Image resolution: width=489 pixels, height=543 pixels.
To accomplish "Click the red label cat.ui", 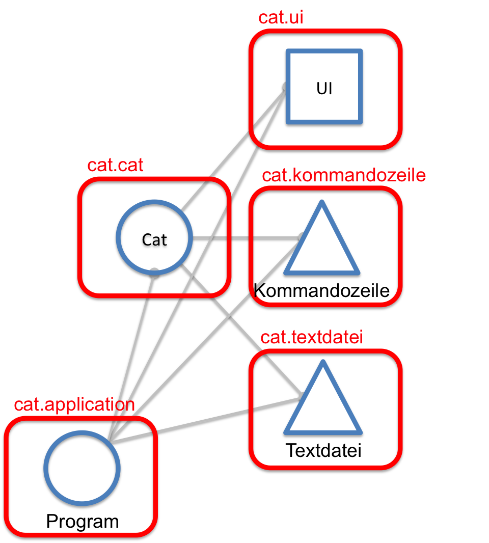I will coord(281,17).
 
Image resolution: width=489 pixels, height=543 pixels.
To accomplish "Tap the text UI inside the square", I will coord(324,88).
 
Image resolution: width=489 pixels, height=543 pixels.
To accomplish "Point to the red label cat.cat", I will coord(115,166).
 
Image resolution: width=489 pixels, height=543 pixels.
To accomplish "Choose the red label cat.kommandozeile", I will coord(343,176).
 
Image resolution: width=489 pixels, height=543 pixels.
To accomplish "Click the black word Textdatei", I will coord(323,451).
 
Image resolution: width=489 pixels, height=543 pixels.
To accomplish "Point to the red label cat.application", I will coord(74,405).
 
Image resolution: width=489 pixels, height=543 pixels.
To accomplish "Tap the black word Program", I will coord(82,522).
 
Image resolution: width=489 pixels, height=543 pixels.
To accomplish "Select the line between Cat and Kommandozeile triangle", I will coord(244,238).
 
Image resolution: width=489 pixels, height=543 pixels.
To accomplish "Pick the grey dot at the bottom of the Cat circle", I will coord(154,272).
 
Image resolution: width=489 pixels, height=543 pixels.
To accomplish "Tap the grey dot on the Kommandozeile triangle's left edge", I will coord(302,235).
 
